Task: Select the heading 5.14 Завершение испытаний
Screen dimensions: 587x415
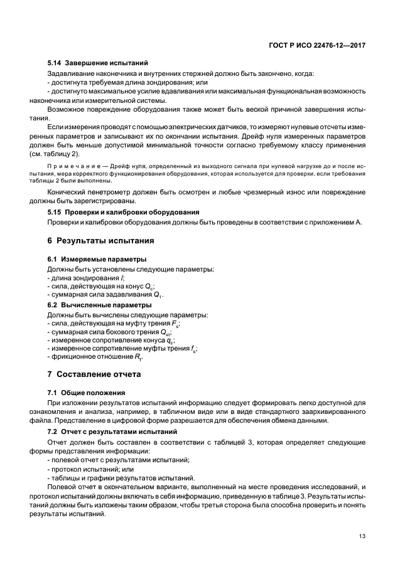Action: (x=97, y=63)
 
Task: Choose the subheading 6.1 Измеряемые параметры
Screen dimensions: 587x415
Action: (x=97, y=259)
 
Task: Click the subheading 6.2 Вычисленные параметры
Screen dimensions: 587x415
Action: (x=100, y=305)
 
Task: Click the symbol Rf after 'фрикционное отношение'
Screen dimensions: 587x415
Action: (x=138, y=357)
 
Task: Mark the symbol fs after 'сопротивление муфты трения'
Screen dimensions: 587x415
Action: (x=194, y=349)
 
